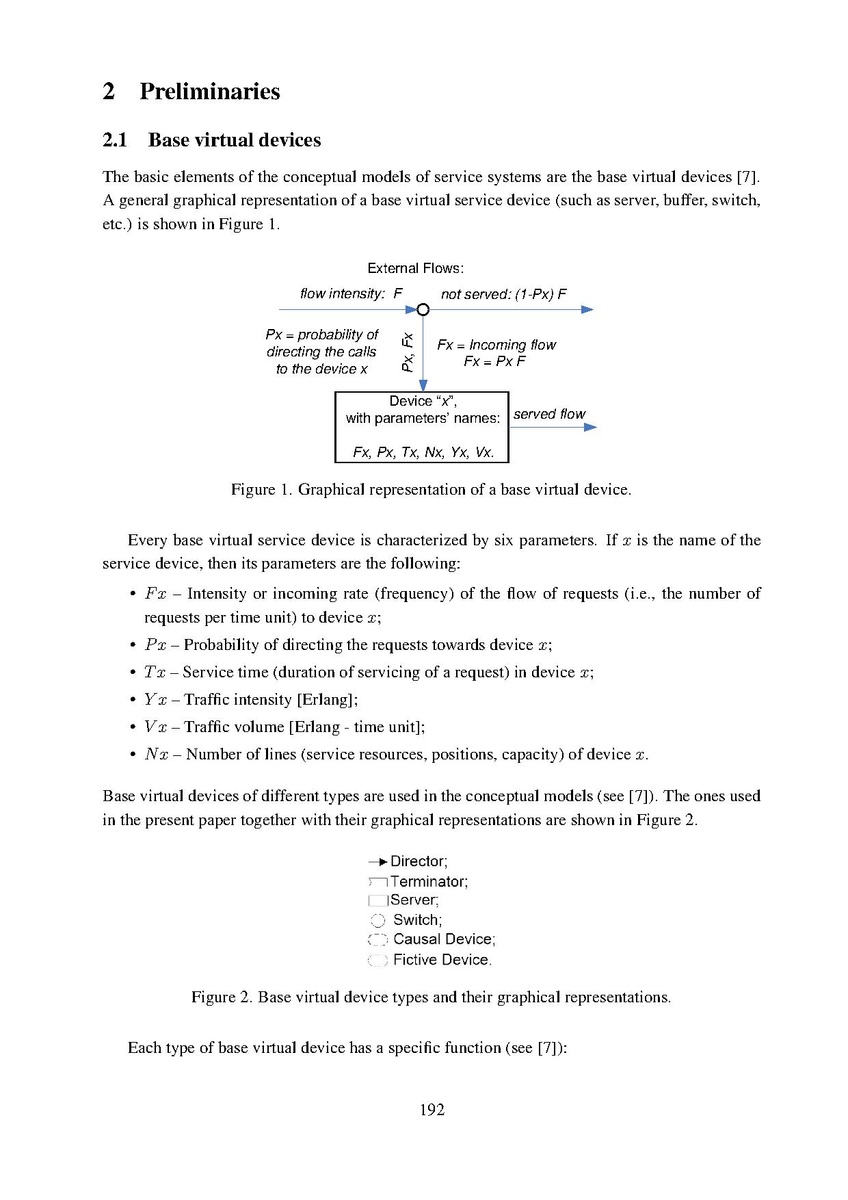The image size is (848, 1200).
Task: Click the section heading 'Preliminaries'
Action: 210,92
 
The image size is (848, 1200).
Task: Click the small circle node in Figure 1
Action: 423,310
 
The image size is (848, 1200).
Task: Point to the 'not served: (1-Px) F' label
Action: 504,294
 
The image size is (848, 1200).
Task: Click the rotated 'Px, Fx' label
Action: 408,352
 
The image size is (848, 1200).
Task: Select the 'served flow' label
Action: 549,414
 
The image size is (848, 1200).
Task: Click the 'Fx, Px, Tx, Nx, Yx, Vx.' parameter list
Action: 423,453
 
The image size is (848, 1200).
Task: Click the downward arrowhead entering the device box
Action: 423,385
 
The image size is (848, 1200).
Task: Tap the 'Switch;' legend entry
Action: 417,920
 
